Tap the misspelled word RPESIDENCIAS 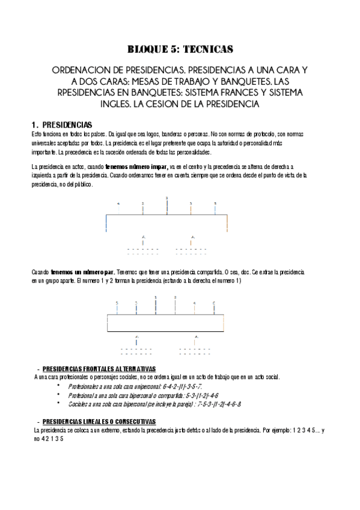point(89,93)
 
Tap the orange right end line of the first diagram point(227,223)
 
